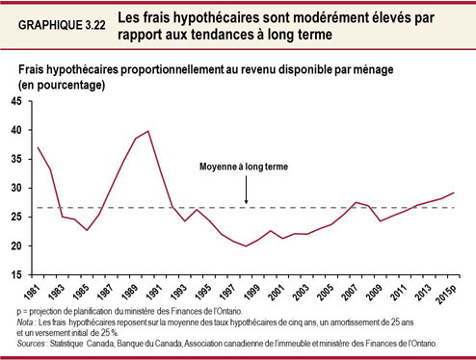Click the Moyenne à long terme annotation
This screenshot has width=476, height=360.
(x=245, y=167)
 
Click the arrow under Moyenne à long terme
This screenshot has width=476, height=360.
(x=246, y=191)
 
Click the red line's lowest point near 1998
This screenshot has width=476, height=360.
(x=245, y=246)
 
